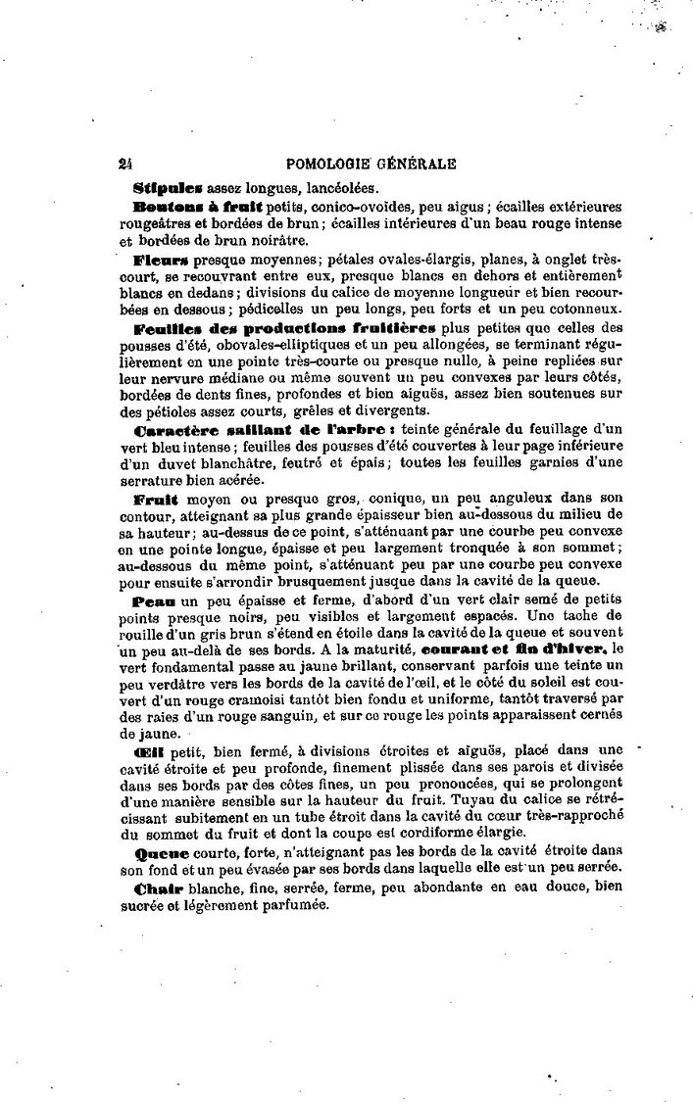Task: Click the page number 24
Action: coord(124,166)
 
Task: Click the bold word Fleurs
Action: coord(161,262)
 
